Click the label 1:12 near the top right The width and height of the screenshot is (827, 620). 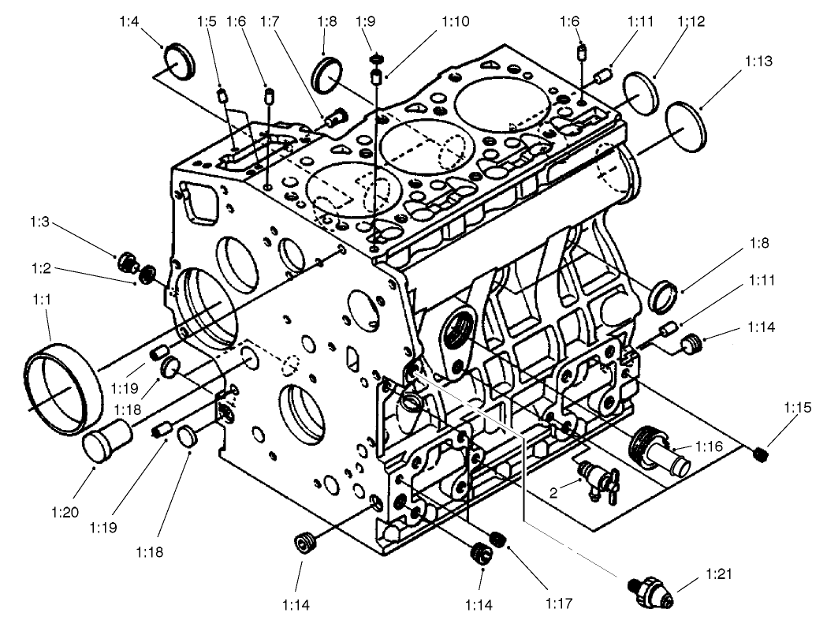pos(690,22)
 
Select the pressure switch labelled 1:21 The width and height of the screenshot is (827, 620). pos(654,589)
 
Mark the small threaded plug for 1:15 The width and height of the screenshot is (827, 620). pos(760,454)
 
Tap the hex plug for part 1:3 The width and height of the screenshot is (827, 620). pos(127,262)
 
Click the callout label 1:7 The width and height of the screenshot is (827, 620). pos(270,22)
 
